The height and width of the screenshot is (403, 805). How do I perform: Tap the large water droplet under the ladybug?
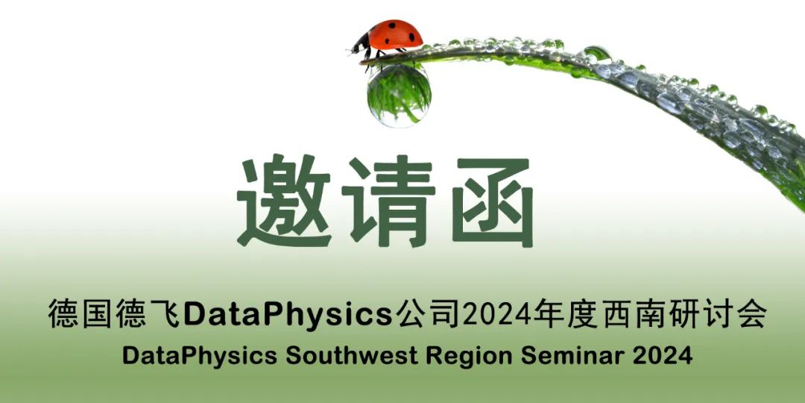click(399, 95)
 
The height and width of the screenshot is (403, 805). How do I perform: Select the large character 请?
click(388, 201)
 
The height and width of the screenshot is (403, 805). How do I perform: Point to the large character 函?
click(493, 201)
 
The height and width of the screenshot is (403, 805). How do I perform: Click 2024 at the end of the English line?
click(663, 356)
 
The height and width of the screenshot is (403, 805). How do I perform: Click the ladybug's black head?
click(359, 43)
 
